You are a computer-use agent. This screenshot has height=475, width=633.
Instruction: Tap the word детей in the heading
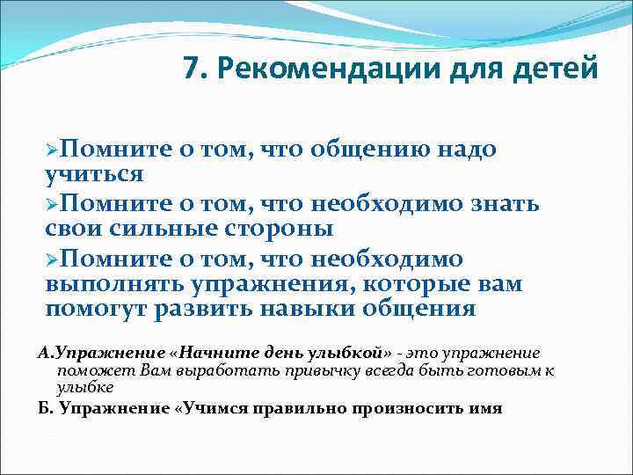pyautogui.click(x=557, y=69)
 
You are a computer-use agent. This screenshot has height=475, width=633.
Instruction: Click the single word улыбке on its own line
pyautogui.click(x=85, y=388)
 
